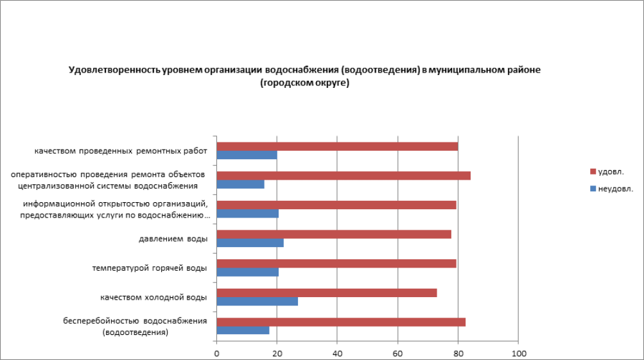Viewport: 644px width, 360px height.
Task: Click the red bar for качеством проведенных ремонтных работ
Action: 337,146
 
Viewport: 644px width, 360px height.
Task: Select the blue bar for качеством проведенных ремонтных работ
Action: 247,155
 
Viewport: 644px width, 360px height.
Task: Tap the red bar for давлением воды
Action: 334,234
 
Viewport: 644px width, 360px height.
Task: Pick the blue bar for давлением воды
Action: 250,243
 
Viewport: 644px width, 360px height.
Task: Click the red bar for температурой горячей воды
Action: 336,263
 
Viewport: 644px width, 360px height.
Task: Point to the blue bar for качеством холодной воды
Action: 257,302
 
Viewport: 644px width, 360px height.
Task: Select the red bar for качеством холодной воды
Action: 327,293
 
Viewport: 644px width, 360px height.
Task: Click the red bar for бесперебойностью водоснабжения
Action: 341,322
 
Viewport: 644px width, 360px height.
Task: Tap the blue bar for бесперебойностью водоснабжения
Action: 243,330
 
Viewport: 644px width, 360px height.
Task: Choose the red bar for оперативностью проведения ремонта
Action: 344,176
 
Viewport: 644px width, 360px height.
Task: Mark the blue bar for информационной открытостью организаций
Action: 247,214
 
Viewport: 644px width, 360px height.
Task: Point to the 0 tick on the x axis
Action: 217,354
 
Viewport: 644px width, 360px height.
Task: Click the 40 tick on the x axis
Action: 338,354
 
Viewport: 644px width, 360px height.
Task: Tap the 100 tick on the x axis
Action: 518,354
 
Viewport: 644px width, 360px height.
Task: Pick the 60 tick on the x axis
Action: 398,354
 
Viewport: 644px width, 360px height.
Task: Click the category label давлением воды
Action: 173,239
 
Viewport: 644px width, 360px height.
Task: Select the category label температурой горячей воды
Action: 150,268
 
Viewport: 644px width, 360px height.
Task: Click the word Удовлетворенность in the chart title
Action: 109,70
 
